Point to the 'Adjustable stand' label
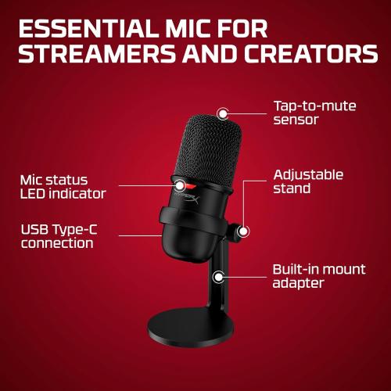(x=308, y=181)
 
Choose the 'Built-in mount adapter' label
(x=318, y=276)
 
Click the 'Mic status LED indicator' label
(x=63, y=186)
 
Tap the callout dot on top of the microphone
(x=224, y=114)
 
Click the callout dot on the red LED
(x=181, y=185)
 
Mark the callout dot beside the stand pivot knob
(x=243, y=231)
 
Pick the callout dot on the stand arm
(x=219, y=276)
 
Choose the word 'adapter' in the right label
(x=298, y=283)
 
